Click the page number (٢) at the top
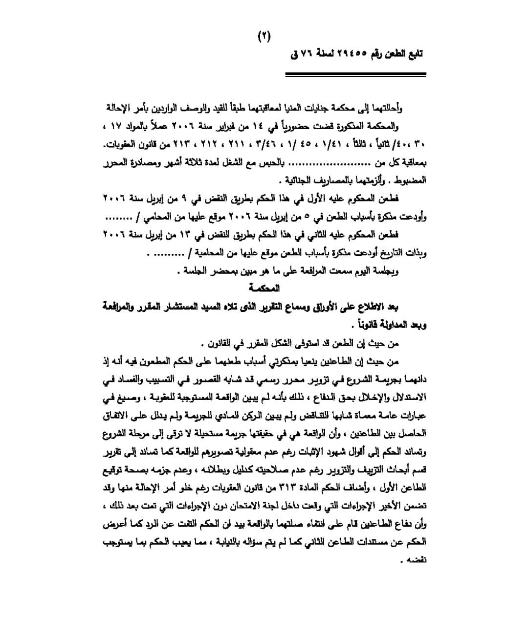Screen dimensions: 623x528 click(x=264, y=37)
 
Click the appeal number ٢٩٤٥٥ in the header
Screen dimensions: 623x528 click(x=348, y=53)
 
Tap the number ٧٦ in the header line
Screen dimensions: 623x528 click(x=305, y=53)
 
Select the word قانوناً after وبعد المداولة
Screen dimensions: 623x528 click(x=362, y=325)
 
